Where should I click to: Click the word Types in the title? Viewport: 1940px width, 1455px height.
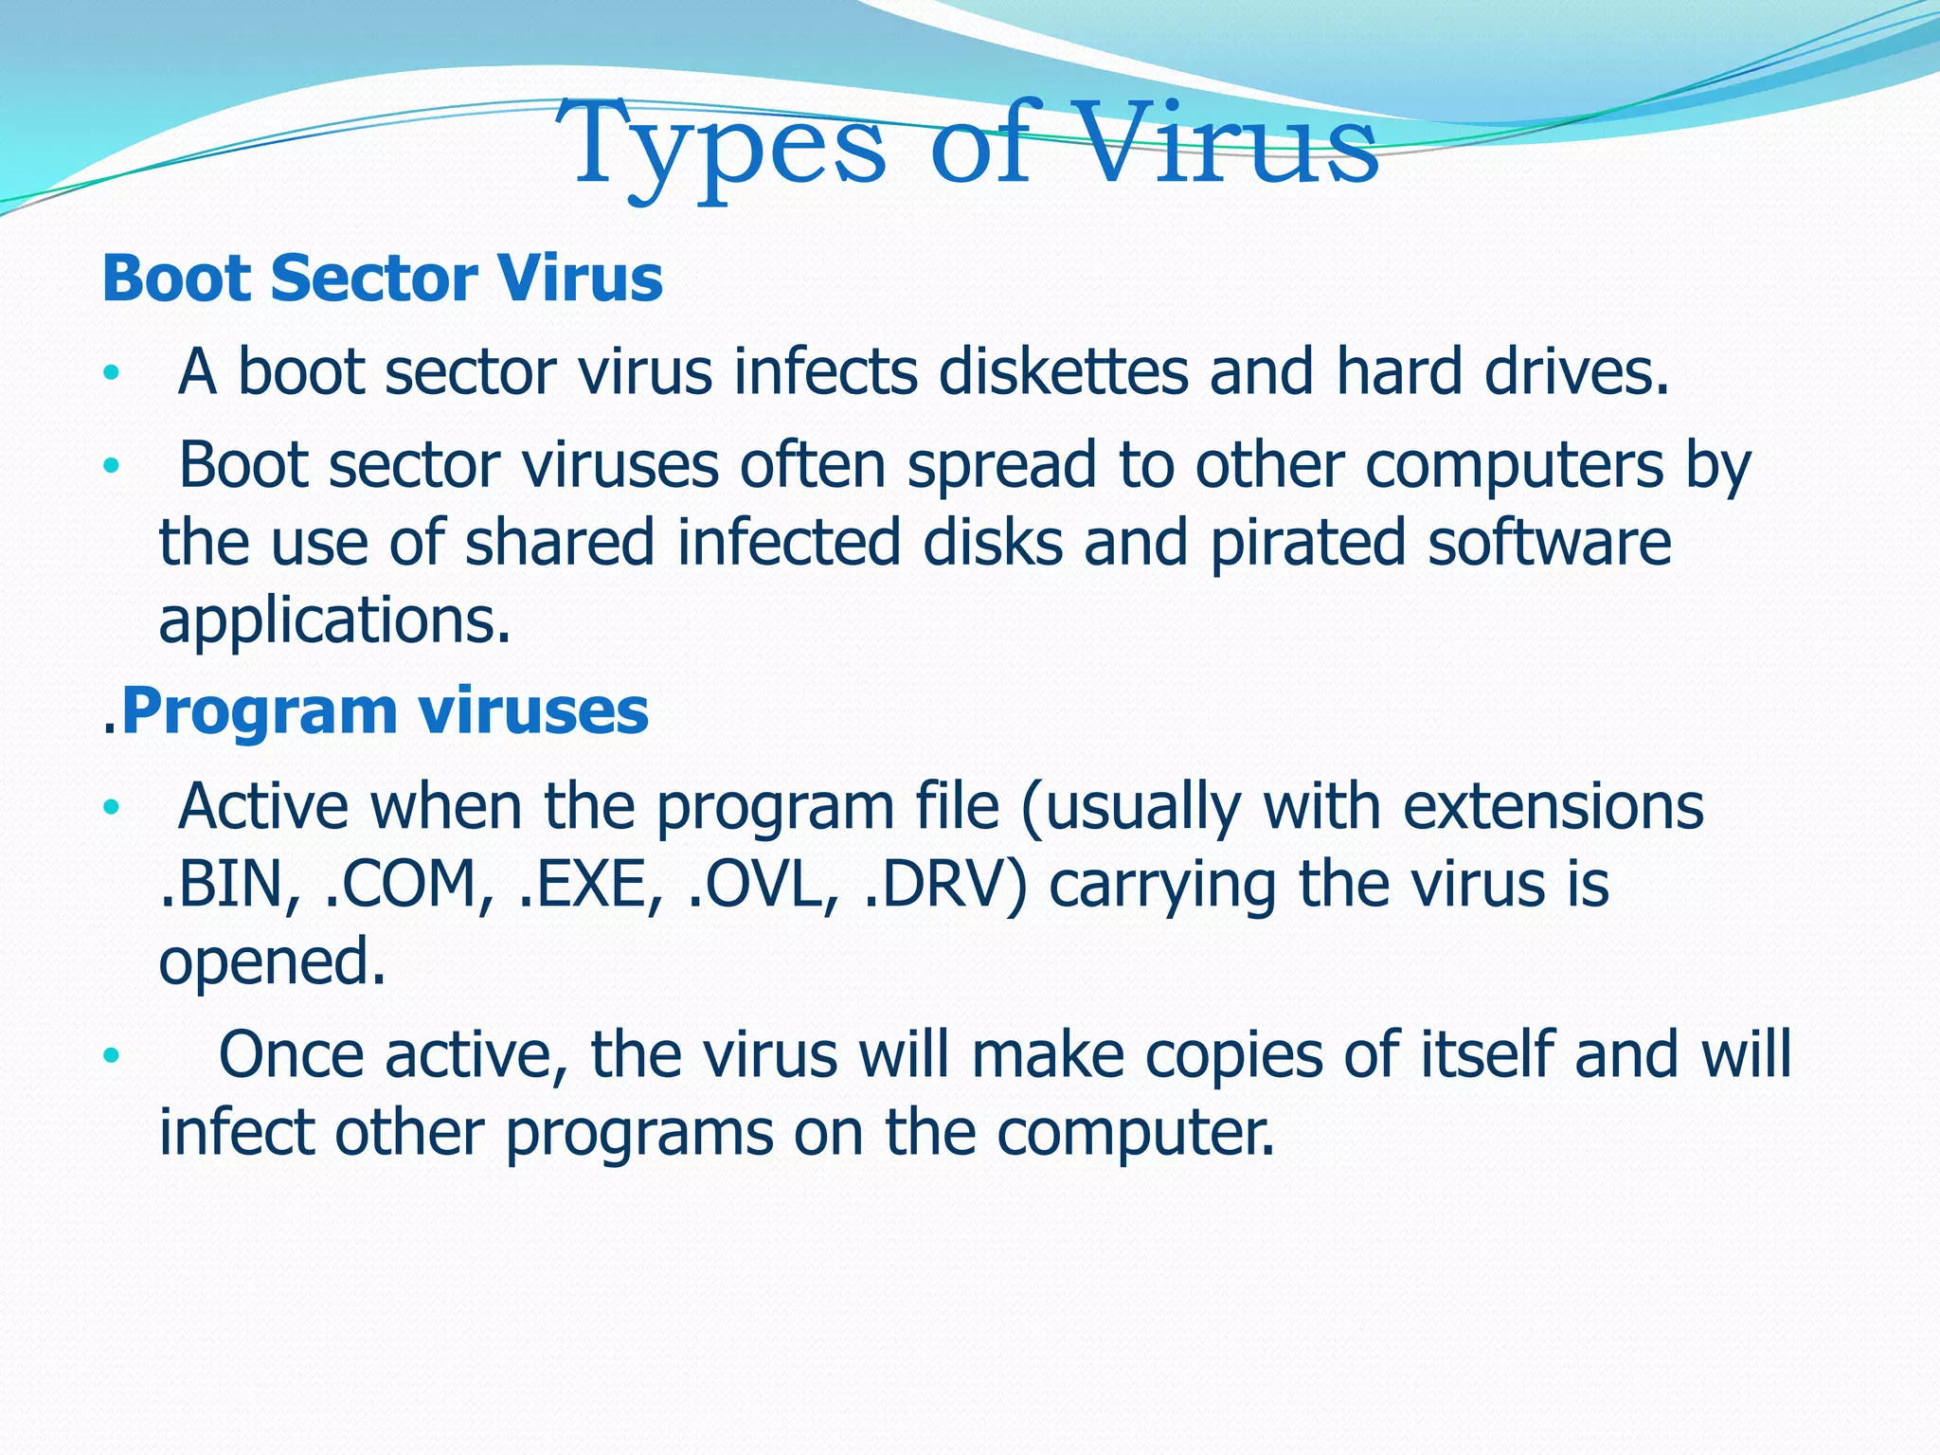720,147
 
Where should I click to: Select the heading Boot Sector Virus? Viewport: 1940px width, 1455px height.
382,278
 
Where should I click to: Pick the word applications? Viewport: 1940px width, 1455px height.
334,621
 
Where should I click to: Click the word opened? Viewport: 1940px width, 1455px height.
272,961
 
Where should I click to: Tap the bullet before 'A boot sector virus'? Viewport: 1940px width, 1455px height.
112,373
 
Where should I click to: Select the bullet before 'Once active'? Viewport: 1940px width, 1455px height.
112,1055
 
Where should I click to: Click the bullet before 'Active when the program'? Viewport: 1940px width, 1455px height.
112,808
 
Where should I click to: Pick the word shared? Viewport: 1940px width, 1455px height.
560,543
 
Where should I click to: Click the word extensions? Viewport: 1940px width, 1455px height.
1553,807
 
